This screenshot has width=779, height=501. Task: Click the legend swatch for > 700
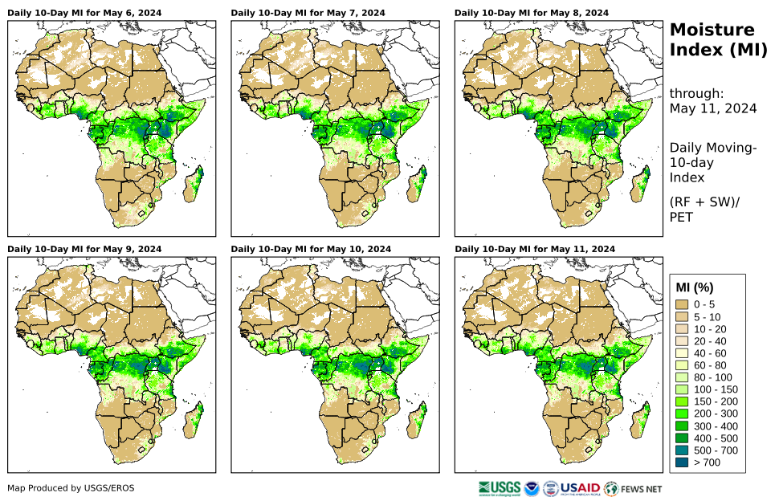[x=684, y=462]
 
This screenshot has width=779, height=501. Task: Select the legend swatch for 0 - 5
[x=684, y=304]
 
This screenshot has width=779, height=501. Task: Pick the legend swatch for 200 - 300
[x=684, y=413]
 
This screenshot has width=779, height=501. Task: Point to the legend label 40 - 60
[x=710, y=353]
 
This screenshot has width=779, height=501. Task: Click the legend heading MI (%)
[x=695, y=287]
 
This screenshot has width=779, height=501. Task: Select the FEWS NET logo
[x=633, y=488]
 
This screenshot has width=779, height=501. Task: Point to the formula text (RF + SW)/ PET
[x=704, y=209]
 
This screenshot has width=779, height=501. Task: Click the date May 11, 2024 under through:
[x=713, y=109]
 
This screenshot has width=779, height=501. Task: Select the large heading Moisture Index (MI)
[x=712, y=41]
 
